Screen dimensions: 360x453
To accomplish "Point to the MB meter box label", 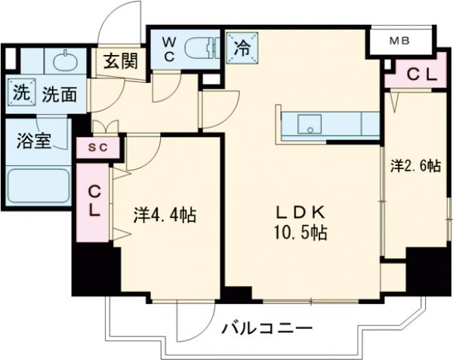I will click(400, 41).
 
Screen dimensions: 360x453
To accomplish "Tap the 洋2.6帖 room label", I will click(415, 167).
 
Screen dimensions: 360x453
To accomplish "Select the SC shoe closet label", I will click(98, 147).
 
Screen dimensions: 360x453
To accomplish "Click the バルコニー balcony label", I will click(267, 329).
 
